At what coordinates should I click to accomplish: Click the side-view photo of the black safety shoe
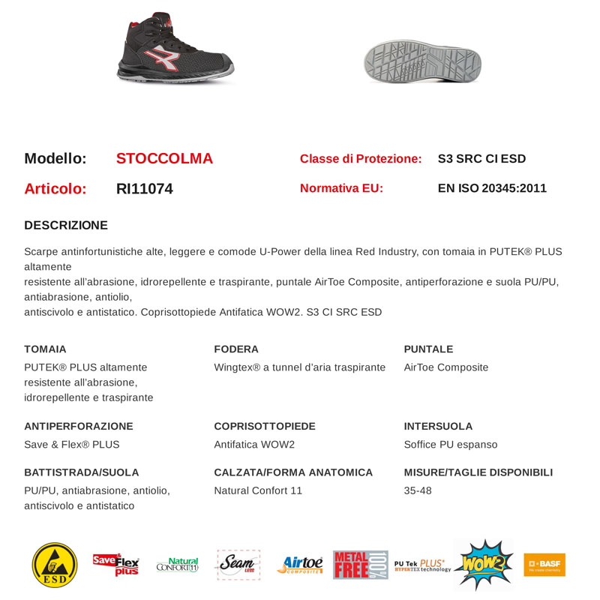174,48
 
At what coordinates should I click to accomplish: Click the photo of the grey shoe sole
421,61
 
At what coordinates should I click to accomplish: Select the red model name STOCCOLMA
164,159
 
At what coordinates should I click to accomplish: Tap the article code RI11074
145,189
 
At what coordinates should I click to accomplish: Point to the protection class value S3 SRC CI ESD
481,159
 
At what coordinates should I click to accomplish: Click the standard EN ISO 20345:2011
492,188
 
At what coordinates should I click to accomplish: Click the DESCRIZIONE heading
66,225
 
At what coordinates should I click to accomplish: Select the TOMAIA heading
45,349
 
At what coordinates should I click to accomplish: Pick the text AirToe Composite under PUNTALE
445,367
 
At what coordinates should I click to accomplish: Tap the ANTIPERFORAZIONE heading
79,426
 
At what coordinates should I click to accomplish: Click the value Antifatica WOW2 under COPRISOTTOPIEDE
254,444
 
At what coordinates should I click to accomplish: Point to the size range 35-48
418,490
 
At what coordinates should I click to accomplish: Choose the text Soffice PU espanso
450,444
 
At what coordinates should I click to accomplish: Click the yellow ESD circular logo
55,565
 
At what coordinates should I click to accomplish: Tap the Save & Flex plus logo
115,564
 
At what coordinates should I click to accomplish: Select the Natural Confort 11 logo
178,565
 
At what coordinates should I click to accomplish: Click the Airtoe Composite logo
299,565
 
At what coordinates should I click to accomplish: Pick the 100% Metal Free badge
360,565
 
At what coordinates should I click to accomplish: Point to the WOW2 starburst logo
483,564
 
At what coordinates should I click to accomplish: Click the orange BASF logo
544,564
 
